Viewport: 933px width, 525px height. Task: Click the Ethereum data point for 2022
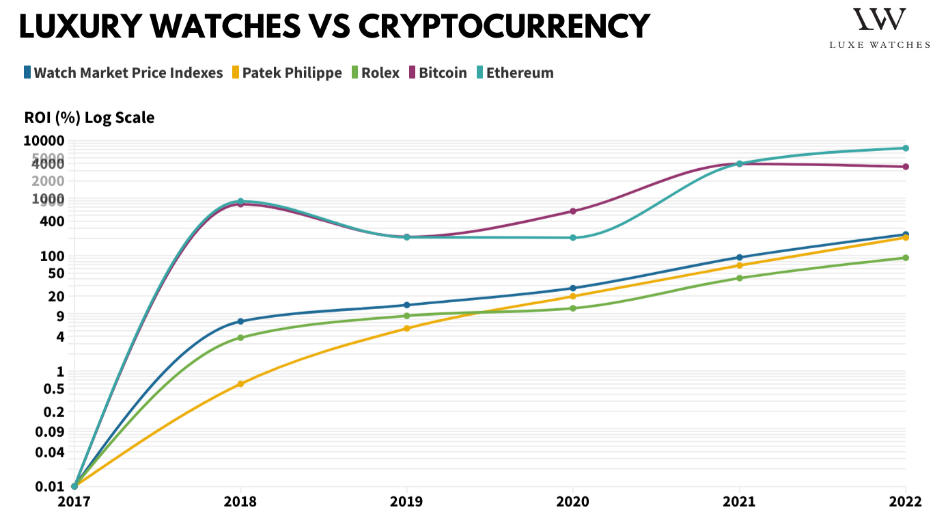(x=906, y=148)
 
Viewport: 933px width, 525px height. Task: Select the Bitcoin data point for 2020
(x=573, y=211)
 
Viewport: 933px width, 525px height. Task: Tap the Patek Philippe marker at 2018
(x=240, y=384)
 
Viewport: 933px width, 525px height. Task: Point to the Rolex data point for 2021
(x=740, y=278)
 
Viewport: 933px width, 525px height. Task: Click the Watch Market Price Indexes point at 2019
(x=407, y=305)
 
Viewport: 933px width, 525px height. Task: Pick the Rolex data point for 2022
(x=906, y=258)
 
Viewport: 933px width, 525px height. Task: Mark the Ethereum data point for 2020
(x=573, y=238)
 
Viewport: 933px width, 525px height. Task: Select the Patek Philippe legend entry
(x=286, y=72)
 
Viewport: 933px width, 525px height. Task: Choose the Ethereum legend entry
(x=515, y=72)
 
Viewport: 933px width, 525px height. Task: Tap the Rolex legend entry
(x=375, y=72)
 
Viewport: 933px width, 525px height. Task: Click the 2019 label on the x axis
(x=407, y=502)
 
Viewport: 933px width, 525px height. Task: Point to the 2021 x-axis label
(x=740, y=502)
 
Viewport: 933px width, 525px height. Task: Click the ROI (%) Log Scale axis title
(x=89, y=118)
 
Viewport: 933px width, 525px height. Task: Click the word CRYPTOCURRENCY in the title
(x=504, y=27)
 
